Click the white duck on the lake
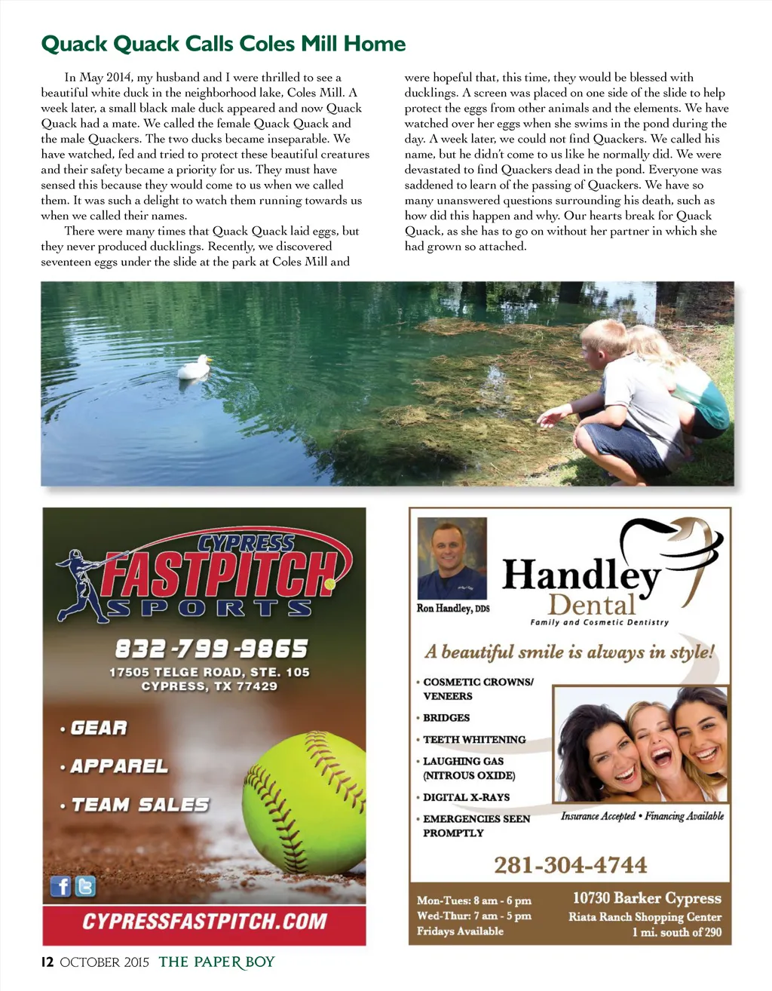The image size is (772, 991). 193,367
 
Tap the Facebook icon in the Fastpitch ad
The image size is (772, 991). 60,886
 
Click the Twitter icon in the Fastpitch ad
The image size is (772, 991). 86,886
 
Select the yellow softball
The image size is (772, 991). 305,802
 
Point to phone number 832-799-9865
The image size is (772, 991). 211,649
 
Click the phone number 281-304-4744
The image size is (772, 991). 571,865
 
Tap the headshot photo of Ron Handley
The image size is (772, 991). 452,558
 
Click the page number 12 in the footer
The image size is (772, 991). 47,962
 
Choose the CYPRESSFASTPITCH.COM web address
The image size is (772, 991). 204,922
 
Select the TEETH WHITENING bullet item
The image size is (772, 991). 474,740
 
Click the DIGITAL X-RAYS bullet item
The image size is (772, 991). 466,797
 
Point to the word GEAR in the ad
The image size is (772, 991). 99,728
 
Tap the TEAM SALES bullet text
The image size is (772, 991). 140,805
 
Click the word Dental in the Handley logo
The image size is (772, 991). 593,605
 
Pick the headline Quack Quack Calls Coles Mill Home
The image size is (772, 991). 223,44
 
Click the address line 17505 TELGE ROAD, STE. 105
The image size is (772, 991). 210,672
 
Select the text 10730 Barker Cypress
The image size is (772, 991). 647,898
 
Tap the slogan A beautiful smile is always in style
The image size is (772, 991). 569,652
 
